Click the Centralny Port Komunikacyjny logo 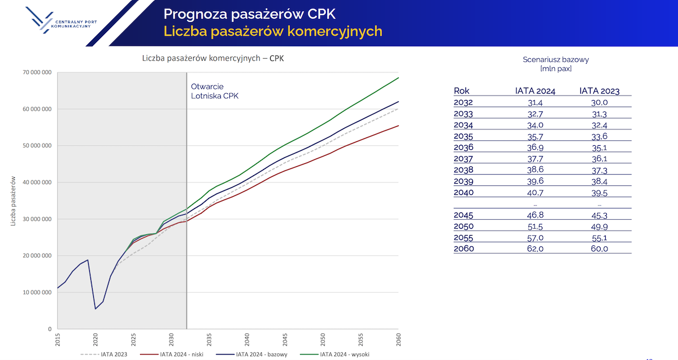pyautogui.click(x=62, y=23)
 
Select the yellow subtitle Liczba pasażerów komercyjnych pyautogui.click(x=273, y=31)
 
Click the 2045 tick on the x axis pyautogui.click(x=285, y=340)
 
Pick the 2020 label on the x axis pyautogui.click(x=95, y=340)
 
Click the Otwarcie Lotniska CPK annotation pyautogui.click(x=215, y=91)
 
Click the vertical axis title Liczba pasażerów pyautogui.click(x=13, y=200)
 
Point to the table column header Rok pyautogui.click(x=462, y=91)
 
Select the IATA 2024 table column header pyautogui.click(x=535, y=91)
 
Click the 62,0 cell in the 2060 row pyautogui.click(x=535, y=248)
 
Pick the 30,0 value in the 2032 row pyautogui.click(x=599, y=103)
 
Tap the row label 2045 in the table pyautogui.click(x=464, y=215)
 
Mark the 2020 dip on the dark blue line pyautogui.click(x=95, y=309)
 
